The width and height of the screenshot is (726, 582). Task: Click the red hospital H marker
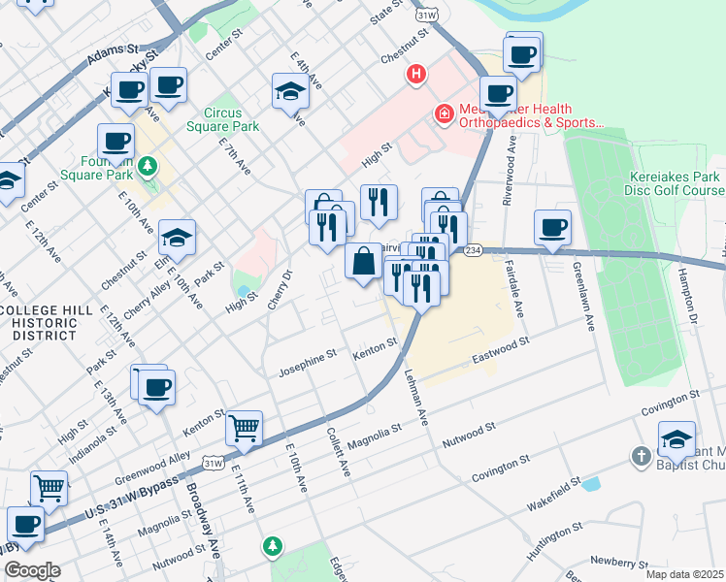pos(416,75)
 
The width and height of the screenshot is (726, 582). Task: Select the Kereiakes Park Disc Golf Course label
pos(675,184)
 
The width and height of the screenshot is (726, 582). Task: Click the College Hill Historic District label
pos(46,322)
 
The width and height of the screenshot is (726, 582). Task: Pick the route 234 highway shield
pos(472,250)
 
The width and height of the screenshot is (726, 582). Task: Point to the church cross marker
pos(640,456)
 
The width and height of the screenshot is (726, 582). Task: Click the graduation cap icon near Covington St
pos(676,438)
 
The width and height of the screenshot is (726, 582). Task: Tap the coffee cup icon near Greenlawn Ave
pos(552,228)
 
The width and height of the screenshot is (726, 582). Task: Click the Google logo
pos(31,570)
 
